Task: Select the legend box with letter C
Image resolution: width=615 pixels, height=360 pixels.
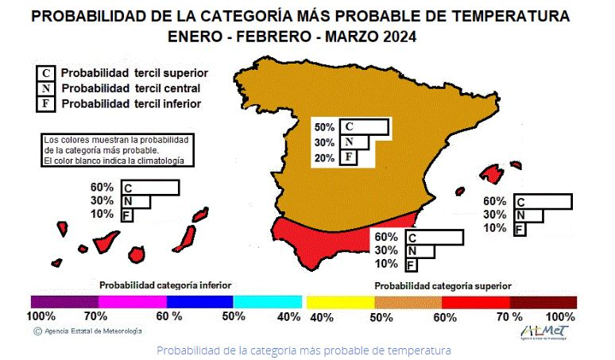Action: (47, 72)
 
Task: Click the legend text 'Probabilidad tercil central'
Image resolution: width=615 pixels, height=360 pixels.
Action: (130, 87)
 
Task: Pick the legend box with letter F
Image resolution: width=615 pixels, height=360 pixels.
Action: (47, 103)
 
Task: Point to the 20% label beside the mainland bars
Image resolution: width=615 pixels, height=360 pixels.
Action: (324, 157)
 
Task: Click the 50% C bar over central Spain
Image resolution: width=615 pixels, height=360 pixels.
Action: (363, 127)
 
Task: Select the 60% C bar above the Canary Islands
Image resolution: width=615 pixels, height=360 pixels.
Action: (150, 188)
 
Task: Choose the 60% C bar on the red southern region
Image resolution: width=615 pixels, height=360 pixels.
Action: (434, 237)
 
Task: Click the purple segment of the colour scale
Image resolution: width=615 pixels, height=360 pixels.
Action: (64, 302)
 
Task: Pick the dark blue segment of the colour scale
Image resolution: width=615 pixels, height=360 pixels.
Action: (199, 302)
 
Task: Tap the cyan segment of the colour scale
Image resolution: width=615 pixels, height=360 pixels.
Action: (268, 302)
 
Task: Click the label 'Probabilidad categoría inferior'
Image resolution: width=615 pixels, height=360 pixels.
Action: (165, 284)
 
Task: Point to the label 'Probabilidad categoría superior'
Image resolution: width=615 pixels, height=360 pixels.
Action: (443, 285)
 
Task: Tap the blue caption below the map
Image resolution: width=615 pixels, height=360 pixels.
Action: (304, 350)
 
